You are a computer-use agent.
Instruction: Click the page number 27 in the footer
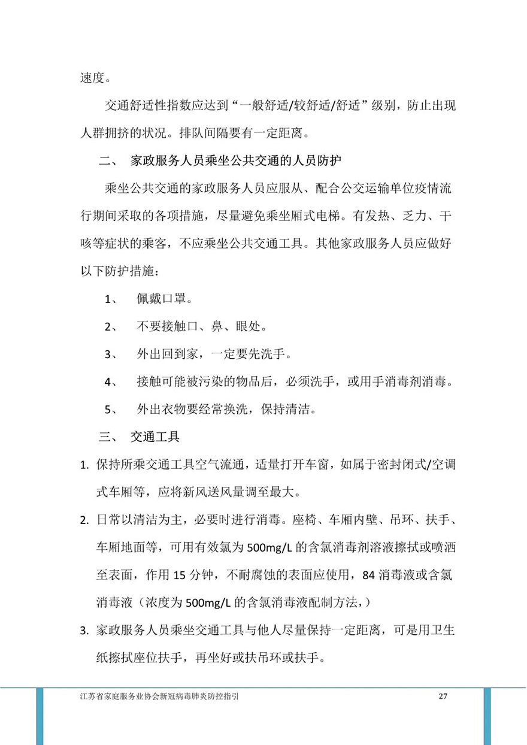point(443,696)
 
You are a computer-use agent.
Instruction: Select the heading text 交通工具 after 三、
point(155,437)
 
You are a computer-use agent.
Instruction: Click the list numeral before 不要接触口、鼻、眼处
point(111,326)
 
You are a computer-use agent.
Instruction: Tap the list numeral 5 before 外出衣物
point(111,410)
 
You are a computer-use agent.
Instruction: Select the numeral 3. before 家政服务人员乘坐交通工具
point(84,630)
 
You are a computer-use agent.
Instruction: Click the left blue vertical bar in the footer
point(40,716)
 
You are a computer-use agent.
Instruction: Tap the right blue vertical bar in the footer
point(487,716)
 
